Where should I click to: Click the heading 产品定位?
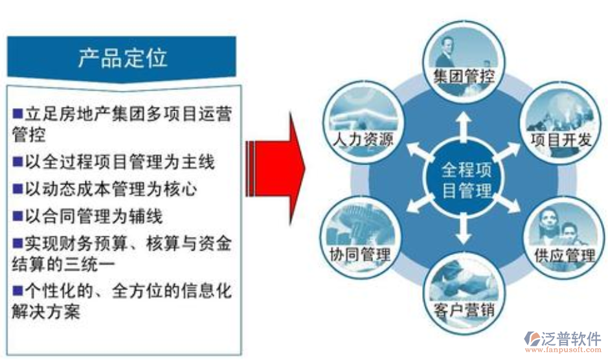(x=122, y=58)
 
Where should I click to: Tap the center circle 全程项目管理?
(x=466, y=180)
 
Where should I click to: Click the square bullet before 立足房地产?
(x=17, y=115)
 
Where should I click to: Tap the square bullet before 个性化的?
(x=17, y=289)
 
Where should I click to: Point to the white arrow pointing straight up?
(x=464, y=123)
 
